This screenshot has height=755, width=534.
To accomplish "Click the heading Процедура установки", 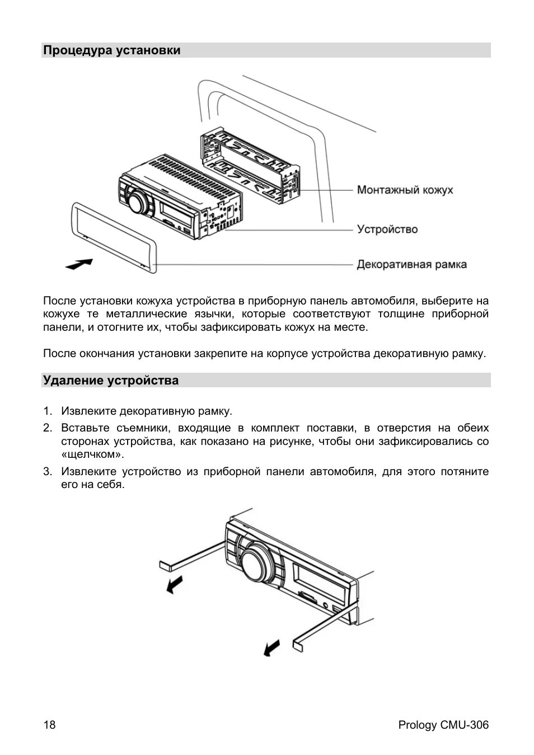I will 112,50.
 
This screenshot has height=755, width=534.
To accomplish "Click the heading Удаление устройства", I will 111,381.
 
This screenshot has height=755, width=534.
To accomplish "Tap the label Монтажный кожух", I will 405,190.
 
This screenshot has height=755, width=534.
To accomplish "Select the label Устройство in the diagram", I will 387,229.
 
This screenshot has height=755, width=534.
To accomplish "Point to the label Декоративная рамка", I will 411,264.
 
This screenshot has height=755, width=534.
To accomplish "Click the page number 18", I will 49,725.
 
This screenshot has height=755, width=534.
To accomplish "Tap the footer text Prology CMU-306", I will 443,725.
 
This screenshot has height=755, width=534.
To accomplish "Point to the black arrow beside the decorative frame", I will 78,264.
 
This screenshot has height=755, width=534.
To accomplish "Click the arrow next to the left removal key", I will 175,585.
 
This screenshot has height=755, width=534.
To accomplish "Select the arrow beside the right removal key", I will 271,648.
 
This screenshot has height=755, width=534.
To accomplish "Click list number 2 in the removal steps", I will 48,428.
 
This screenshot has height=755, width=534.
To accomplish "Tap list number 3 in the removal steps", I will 48,472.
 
